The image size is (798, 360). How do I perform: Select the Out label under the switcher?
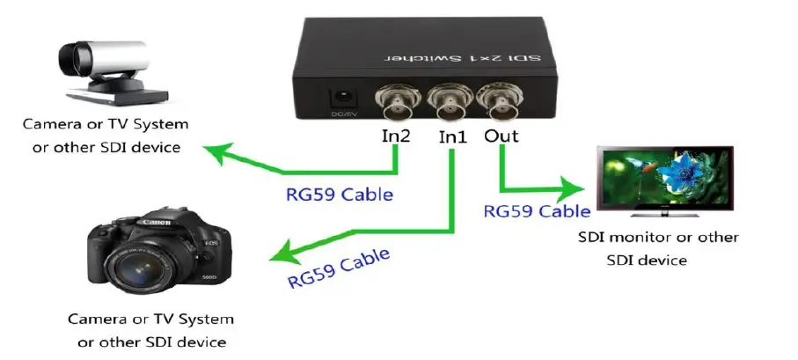click(x=501, y=136)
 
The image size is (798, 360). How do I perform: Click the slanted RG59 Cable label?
click(x=339, y=267)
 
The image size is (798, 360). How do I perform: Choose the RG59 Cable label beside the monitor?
click(x=537, y=211)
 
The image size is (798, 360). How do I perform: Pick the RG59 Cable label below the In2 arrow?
click(x=339, y=193)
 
